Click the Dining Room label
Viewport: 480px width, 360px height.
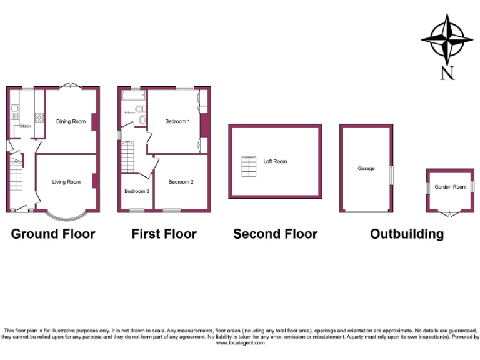(71, 121)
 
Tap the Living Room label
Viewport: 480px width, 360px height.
(66, 182)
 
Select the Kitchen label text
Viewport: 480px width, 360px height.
(25, 126)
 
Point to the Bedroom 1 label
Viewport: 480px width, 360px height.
(177, 121)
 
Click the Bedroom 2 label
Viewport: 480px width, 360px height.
(181, 182)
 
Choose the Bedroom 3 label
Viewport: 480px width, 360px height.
(136, 191)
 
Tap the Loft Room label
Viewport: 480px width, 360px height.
(275, 161)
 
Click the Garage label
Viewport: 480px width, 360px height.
(366, 168)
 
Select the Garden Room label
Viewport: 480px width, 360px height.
(451, 187)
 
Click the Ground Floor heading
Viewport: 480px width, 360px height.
(53, 234)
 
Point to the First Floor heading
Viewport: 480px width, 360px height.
(164, 234)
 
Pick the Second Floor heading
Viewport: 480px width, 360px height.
(275, 234)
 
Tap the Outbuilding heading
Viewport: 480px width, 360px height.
(407, 234)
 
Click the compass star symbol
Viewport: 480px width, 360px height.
(447, 39)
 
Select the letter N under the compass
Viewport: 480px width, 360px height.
(447, 73)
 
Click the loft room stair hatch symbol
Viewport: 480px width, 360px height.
(249, 166)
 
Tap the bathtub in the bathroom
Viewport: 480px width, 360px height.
(132, 96)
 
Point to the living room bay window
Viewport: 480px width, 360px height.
(66, 216)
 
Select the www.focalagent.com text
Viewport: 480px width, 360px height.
(240, 343)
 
